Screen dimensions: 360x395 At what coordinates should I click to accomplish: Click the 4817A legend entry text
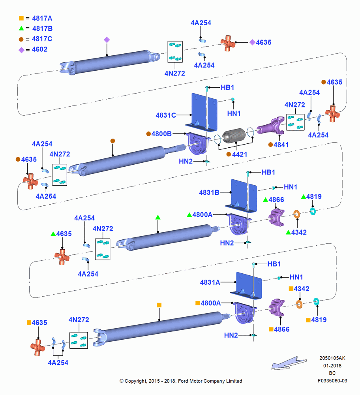[x=42, y=19]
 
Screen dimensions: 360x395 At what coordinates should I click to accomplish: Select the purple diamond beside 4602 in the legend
[x=22, y=50]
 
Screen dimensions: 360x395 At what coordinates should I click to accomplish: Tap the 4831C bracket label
[x=166, y=115]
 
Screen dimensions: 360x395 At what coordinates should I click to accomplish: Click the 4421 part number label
[x=240, y=154]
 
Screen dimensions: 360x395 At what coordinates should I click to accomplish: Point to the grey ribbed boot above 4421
[x=234, y=136]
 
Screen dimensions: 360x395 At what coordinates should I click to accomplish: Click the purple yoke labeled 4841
[x=271, y=126]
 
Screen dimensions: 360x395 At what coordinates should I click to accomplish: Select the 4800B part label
[x=161, y=134]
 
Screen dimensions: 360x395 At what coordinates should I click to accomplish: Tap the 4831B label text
[x=209, y=192]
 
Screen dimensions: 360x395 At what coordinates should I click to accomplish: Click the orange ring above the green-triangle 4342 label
[x=297, y=214]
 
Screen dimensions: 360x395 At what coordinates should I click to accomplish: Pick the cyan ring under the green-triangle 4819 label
[x=313, y=211]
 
